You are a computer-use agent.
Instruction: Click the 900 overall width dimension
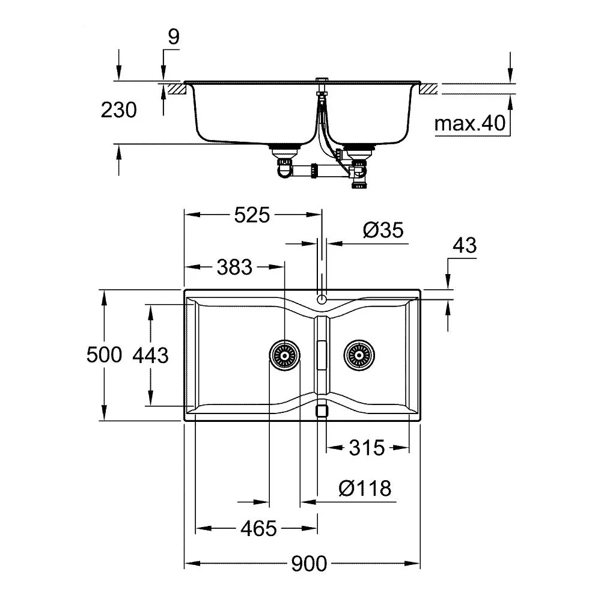coord(309,564)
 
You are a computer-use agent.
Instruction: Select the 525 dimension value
coord(252,215)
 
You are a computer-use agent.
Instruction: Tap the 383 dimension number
coord(234,267)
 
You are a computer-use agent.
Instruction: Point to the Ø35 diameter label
coord(383,230)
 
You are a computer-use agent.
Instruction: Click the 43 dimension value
coord(465,245)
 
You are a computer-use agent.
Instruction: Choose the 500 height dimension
coord(104,355)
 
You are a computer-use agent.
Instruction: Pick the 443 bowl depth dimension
coord(151,355)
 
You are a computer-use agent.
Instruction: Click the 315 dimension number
coord(367,448)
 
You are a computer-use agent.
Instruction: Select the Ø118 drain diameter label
coord(365,488)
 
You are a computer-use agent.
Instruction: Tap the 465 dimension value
coord(258,529)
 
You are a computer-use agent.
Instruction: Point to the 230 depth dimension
coord(119,110)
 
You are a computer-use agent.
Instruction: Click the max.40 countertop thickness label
coord(470,123)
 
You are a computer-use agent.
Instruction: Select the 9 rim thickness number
coord(174,37)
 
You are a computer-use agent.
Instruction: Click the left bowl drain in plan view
coord(284,355)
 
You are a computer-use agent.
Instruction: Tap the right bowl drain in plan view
coord(359,355)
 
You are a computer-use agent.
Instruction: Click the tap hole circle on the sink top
coord(322,299)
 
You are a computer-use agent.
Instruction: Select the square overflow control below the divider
coord(322,411)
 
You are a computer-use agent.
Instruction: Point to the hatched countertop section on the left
coord(177,89)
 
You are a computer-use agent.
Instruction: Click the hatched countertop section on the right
coord(429,89)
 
